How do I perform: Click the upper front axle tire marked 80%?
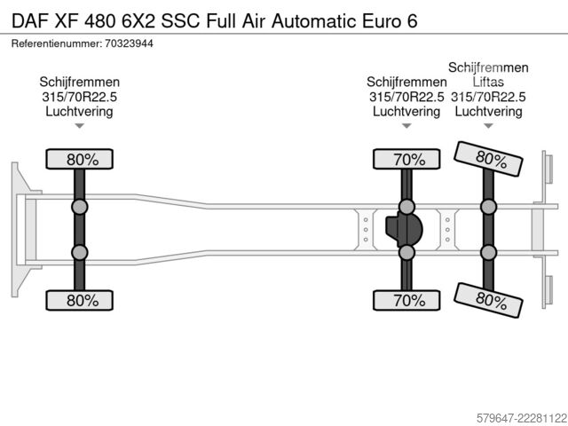click(x=79, y=159)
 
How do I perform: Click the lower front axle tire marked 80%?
click(x=79, y=300)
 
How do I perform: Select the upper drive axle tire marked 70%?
click(x=406, y=159)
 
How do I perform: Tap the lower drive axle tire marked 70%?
click(x=406, y=300)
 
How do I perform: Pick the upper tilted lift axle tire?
click(x=488, y=159)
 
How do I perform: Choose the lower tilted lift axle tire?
click(x=488, y=300)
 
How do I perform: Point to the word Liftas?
click(x=488, y=82)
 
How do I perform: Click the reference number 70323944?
click(x=129, y=43)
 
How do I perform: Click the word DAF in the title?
click(x=30, y=21)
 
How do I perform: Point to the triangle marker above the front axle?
click(x=79, y=126)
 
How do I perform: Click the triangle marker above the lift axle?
click(x=488, y=126)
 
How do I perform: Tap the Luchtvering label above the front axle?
click(x=79, y=111)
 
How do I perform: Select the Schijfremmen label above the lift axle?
click(x=488, y=67)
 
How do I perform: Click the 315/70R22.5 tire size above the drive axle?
click(x=406, y=97)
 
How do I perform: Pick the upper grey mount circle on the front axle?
click(x=79, y=207)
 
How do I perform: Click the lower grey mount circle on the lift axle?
click(x=488, y=252)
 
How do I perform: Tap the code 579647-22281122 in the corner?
click(x=522, y=418)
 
